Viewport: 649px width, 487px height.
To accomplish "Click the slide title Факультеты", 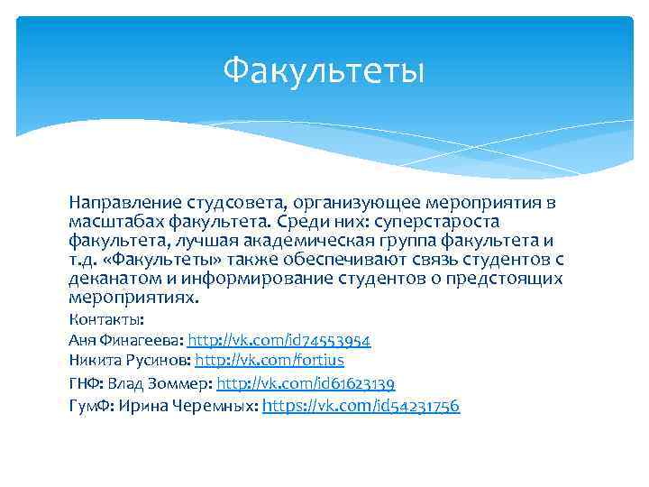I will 324,69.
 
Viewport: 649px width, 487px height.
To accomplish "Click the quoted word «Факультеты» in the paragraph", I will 162,260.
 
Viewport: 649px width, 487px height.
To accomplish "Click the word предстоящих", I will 506,279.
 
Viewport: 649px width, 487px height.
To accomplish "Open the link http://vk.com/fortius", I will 270,361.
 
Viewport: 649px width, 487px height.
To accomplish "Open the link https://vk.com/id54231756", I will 361,405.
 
